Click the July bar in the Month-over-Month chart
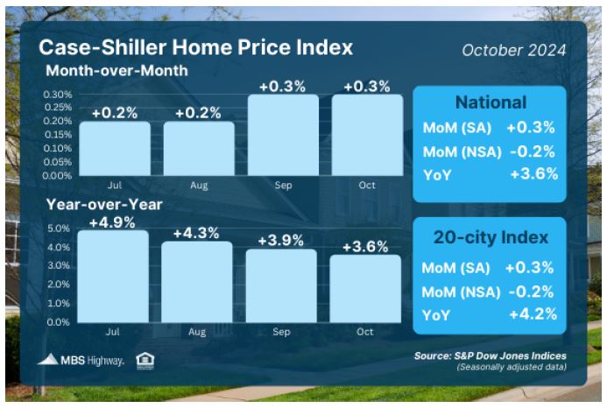(115, 148)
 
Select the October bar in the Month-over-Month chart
(367, 135)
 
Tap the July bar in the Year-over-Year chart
(113, 277)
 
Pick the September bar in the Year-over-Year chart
(281, 285)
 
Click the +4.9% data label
(112, 222)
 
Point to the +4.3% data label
(196, 234)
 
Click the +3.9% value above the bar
(280, 241)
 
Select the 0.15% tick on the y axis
(58, 134)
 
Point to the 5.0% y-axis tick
(59, 229)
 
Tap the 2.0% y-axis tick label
(59, 285)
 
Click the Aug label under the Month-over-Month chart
(199, 186)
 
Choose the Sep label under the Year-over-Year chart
(281, 332)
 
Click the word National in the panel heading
(491, 102)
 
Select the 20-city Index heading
(491, 237)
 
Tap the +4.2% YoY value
(533, 314)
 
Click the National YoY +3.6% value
(534, 174)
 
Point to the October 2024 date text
(514, 50)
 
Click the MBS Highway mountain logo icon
(47, 360)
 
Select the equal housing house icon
(145, 362)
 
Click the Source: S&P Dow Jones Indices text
(491, 355)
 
